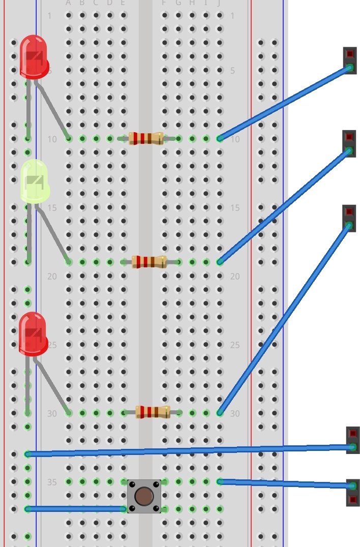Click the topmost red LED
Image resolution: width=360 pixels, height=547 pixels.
34,57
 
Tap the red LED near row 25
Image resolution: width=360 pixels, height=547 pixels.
33,333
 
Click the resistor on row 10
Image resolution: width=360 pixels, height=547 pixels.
146,138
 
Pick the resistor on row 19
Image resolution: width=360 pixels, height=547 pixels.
149,262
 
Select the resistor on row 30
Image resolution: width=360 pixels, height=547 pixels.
153,412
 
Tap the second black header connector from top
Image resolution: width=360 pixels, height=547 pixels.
349,144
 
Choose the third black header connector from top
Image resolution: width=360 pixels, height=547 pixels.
349,218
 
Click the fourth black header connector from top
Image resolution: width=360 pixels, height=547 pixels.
353,440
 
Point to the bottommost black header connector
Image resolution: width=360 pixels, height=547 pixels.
353,493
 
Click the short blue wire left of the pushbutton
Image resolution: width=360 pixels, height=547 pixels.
76,509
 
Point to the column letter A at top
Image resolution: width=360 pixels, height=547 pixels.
69,3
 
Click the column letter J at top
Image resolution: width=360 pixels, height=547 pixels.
219,3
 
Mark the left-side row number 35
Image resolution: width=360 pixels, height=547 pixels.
52,482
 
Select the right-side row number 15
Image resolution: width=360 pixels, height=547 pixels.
234,208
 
